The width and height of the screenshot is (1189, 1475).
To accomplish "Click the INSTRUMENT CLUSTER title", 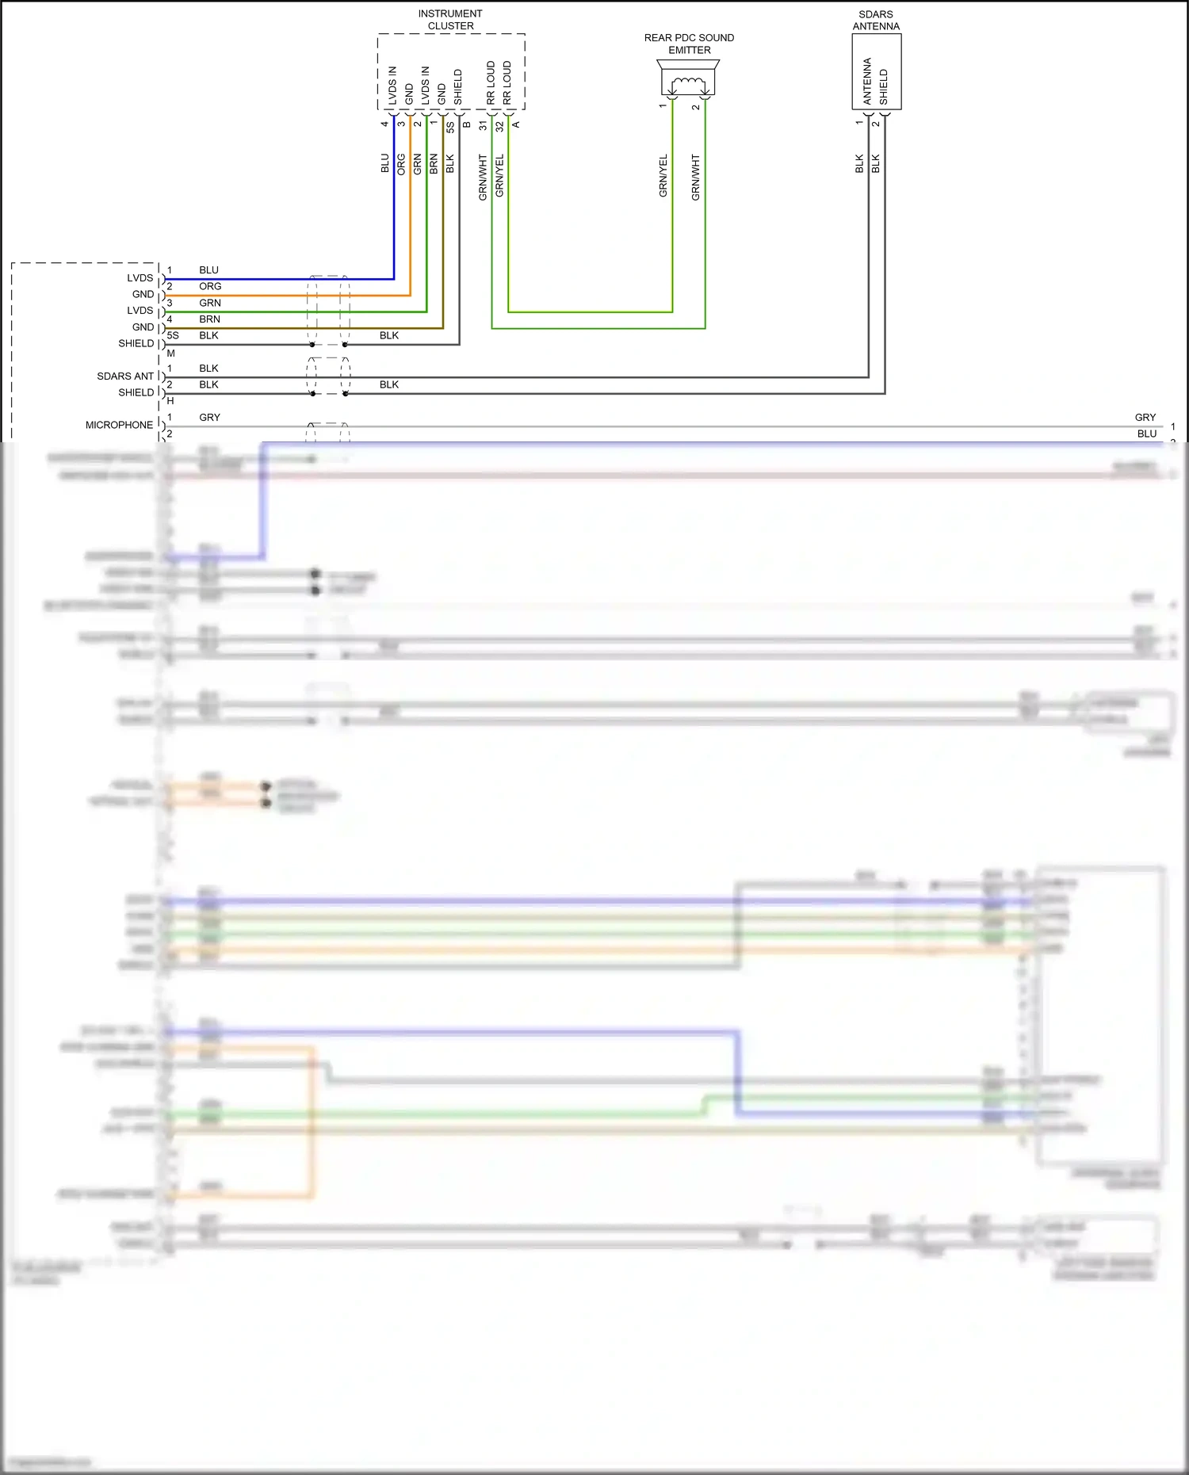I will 450,20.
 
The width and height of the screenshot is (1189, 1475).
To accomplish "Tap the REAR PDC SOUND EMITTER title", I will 689,44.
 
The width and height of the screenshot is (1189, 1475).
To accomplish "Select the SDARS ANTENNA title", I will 876,21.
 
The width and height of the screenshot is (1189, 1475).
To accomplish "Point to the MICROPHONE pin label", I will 119,426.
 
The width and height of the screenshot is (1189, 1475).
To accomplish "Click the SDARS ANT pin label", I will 125,376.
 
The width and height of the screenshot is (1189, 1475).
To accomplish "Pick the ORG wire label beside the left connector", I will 210,287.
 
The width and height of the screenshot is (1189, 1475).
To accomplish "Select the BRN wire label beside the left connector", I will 210,319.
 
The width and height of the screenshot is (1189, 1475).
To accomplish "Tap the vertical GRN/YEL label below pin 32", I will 499,176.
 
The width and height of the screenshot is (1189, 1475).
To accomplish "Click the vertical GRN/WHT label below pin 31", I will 483,178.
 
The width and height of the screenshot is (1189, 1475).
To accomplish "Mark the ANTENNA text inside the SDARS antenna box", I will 867,81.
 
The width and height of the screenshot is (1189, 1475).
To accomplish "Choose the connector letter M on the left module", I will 170,353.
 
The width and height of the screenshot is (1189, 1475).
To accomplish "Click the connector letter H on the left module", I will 170,401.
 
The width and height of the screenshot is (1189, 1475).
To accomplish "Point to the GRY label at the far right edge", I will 1145,418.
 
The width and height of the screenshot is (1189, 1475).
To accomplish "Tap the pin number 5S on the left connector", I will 173,336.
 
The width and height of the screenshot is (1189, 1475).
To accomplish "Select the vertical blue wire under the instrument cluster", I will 394,206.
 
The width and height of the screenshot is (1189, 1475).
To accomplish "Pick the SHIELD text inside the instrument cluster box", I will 458,87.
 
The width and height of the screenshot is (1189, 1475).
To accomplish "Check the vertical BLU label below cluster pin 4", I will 385,163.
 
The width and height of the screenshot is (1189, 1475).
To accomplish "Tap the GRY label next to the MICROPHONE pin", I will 210,418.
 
